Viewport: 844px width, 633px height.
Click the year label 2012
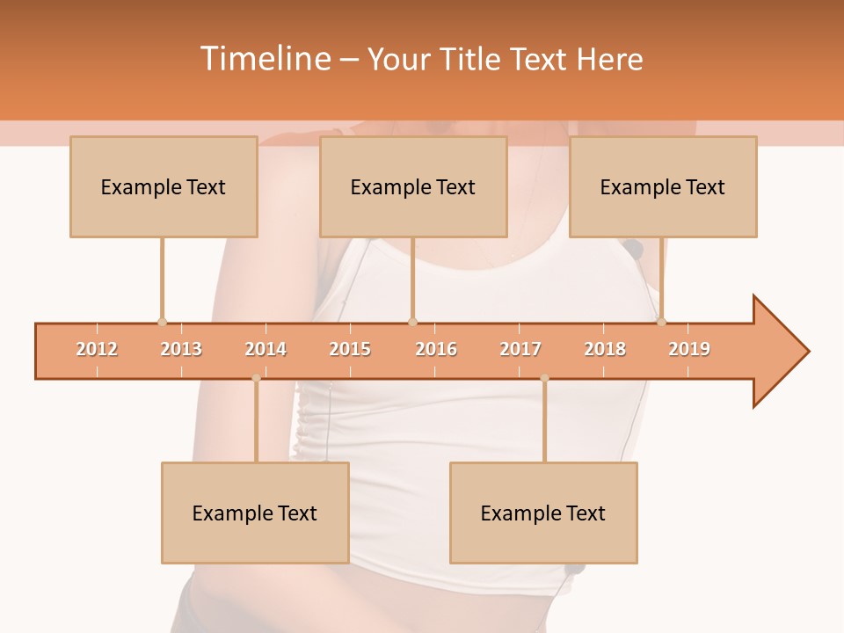tap(97, 349)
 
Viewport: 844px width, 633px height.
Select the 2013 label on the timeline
tap(181, 349)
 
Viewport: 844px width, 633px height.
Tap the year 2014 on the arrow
tap(266, 349)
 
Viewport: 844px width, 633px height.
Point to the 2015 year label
tap(350, 349)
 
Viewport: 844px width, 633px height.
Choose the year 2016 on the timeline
tap(436, 349)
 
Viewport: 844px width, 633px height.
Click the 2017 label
tap(520, 349)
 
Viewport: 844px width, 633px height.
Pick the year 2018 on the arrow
tap(605, 349)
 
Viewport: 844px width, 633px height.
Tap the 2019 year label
tap(689, 349)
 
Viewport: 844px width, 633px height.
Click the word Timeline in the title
tap(264, 59)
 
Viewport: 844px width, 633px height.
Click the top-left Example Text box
tap(164, 186)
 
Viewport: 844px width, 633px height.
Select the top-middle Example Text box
tap(413, 186)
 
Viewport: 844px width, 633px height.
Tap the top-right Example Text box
tap(663, 186)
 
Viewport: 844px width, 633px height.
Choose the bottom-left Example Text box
tap(255, 513)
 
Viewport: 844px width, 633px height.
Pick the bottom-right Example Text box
tap(543, 513)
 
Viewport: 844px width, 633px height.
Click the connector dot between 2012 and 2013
tap(162, 322)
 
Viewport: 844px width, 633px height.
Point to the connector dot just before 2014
tap(256, 378)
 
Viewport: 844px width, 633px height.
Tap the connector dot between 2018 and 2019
tap(661, 322)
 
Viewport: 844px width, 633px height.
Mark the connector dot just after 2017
tap(544, 378)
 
